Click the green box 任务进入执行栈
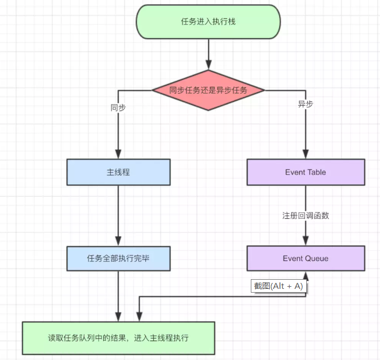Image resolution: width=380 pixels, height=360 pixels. tap(208, 22)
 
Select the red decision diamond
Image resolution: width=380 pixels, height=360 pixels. tap(208, 90)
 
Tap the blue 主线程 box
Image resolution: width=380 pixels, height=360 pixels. tap(118, 172)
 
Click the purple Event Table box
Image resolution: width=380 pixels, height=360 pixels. tap(306, 172)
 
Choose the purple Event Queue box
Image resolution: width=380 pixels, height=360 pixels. tap(306, 258)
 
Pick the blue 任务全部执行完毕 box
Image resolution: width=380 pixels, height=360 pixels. tap(118, 258)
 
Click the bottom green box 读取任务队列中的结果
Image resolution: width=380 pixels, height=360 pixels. tap(118, 338)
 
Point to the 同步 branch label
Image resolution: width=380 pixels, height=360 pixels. tap(118, 107)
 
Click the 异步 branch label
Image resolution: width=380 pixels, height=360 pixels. tap(305, 105)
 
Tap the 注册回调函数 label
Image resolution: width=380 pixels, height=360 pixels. tap(306, 216)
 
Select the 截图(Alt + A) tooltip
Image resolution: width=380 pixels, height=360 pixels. tap(278, 286)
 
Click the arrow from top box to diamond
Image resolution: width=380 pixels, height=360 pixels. tap(208, 54)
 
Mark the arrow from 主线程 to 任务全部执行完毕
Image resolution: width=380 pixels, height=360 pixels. tap(118, 216)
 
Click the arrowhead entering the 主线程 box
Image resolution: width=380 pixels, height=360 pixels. tap(118, 154)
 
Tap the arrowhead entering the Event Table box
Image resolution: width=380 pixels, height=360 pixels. tap(306, 154)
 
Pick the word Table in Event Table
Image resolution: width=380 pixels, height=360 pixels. tap(317, 172)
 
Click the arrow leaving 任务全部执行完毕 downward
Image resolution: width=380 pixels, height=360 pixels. tap(118, 294)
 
